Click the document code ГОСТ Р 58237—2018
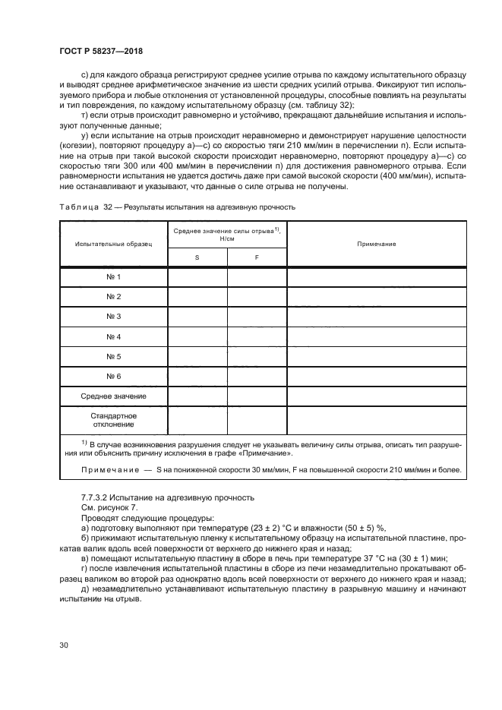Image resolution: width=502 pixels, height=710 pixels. click(100, 50)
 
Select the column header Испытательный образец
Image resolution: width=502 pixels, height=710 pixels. click(113, 244)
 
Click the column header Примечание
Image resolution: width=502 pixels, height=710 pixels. click(377, 244)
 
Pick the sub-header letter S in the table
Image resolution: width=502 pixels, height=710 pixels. click(197, 258)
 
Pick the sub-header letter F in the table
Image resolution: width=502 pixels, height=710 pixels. click(257, 258)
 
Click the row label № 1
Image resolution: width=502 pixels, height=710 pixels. click(113, 277)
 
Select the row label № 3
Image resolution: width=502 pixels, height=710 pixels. click(113, 317)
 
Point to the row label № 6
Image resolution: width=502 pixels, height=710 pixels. click(113, 376)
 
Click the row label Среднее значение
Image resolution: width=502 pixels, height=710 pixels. click(113, 396)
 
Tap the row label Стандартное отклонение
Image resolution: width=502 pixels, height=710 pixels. click(113, 421)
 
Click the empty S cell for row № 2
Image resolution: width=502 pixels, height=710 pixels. click(197, 297)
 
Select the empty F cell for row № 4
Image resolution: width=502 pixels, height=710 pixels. click(257, 336)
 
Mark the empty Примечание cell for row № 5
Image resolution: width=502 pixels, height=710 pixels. click(377, 356)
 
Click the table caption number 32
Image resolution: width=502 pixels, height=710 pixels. click(108, 207)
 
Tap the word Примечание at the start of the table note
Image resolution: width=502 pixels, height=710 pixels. click(110, 470)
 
